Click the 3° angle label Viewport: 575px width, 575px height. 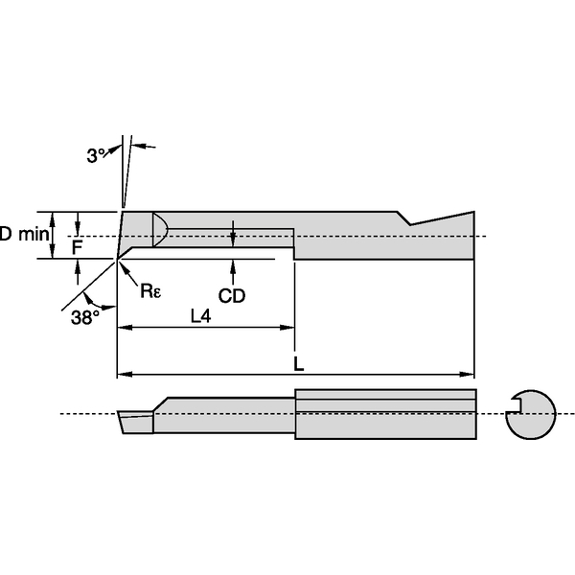pos(96,153)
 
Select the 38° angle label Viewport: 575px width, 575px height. pos(84,317)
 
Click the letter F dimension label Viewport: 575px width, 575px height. pos(78,246)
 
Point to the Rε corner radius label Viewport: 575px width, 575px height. pos(150,290)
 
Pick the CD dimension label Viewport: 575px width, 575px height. pos(232,296)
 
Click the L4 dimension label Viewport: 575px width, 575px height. pos(200,316)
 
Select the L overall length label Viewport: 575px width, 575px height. pos(299,364)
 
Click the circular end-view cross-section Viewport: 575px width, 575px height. pos(531,414)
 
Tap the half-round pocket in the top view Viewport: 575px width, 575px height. pos(161,228)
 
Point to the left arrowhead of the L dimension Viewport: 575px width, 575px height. pos(122,374)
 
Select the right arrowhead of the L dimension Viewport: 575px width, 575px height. pos(470,374)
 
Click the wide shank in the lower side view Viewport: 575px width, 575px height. pos(383,414)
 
